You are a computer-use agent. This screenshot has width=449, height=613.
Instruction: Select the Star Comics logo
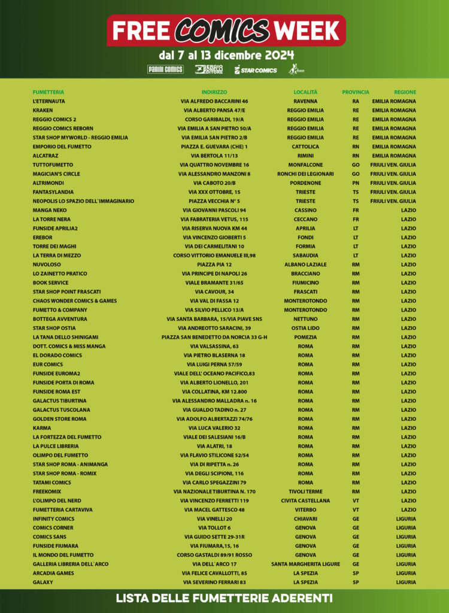[256, 70]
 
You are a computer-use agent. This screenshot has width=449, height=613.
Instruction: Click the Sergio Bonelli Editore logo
[209, 69]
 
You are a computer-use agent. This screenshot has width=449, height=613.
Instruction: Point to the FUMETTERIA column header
[48, 92]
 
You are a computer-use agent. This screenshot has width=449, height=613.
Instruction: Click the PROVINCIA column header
[356, 92]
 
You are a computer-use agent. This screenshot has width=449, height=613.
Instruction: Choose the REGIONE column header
[405, 92]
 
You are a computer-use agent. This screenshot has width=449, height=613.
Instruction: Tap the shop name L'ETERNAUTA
[48, 101]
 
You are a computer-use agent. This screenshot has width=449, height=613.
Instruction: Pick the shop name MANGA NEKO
[49, 210]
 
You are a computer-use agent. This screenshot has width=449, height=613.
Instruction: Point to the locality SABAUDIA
[305, 255]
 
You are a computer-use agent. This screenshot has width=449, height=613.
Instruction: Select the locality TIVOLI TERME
[305, 491]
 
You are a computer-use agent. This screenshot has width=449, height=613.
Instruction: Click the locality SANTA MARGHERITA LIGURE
[305, 564]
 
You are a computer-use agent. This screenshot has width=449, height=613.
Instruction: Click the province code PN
[356, 183]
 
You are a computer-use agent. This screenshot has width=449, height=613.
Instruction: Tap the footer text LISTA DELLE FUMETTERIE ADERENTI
[224, 598]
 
